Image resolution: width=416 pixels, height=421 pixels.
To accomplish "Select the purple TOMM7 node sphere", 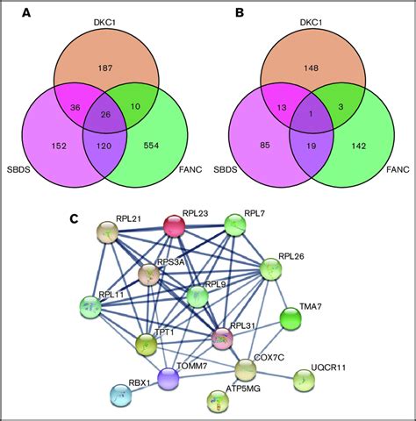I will [x=168, y=377].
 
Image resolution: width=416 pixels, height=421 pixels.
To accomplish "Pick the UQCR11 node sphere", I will [x=304, y=379].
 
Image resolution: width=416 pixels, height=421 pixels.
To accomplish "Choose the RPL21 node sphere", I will [x=108, y=232].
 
